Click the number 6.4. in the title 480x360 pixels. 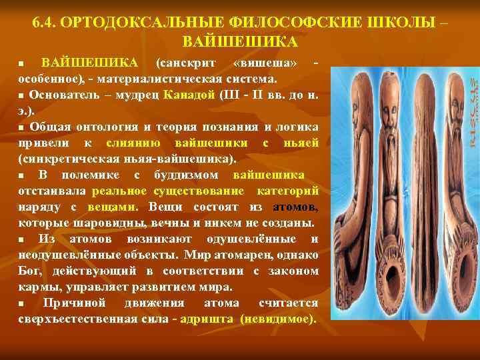tap(43, 22)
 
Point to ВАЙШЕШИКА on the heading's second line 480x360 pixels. tap(240, 42)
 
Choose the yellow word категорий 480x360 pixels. tap(287, 191)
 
